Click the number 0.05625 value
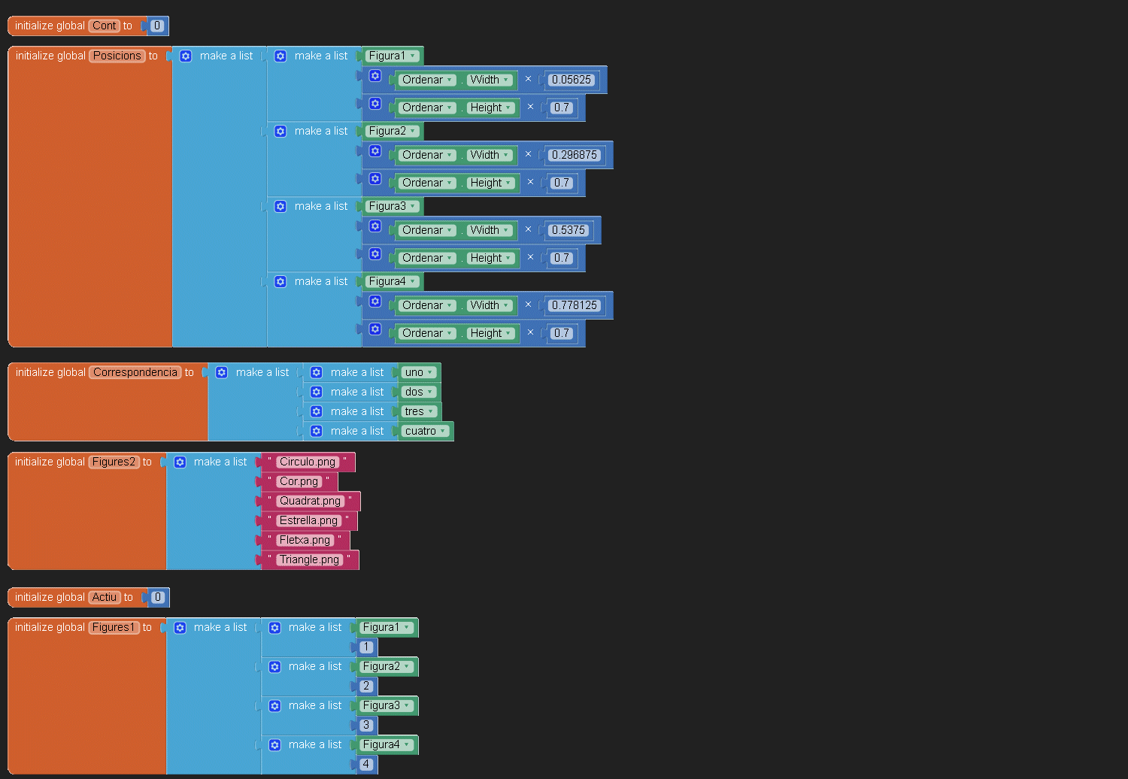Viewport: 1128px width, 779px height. coord(571,80)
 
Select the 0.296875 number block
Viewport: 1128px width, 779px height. coord(574,155)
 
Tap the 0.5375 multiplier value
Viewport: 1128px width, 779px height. coord(568,230)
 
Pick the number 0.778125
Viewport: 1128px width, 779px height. coord(574,305)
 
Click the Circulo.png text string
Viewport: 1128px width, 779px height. coord(307,462)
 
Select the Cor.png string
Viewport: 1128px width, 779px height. coord(299,481)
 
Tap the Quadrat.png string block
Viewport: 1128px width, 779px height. coord(310,501)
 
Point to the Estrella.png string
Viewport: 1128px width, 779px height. coord(308,520)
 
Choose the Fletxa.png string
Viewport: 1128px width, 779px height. coord(305,540)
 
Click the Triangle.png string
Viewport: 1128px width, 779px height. coord(309,559)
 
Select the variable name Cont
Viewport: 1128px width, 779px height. coord(105,26)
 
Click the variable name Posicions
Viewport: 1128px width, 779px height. coord(117,56)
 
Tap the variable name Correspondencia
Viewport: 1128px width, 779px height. coord(135,372)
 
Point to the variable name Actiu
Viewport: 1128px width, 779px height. coord(105,597)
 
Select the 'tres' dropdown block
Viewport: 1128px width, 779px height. coord(419,411)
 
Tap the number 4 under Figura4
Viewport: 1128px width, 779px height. coord(366,764)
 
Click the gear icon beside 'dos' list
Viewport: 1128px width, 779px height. coord(317,392)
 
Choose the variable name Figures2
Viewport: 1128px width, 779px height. coord(114,462)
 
